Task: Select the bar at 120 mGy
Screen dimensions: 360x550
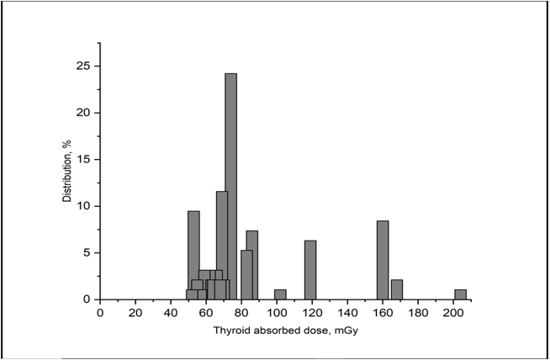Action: click(x=310, y=270)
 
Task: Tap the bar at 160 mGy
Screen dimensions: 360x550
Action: click(x=383, y=260)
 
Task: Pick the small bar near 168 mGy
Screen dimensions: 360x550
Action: click(x=397, y=289)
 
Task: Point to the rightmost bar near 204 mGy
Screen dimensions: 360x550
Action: click(x=460, y=294)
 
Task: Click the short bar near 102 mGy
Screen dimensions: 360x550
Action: click(x=280, y=294)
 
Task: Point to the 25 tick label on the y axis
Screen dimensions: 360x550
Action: click(x=85, y=66)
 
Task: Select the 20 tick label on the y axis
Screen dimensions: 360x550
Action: click(x=85, y=113)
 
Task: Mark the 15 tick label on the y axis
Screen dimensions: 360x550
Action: click(x=85, y=160)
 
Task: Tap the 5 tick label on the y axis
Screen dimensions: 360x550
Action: click(x=87, y=253)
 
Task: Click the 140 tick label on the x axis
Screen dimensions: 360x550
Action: click(x=347, y=314)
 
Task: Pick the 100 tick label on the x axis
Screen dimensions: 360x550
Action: click(x=277, y=314)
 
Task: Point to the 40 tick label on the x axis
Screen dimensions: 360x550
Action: click(x=171, y=314)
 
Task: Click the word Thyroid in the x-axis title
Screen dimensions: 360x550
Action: click(x=233, y=331)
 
